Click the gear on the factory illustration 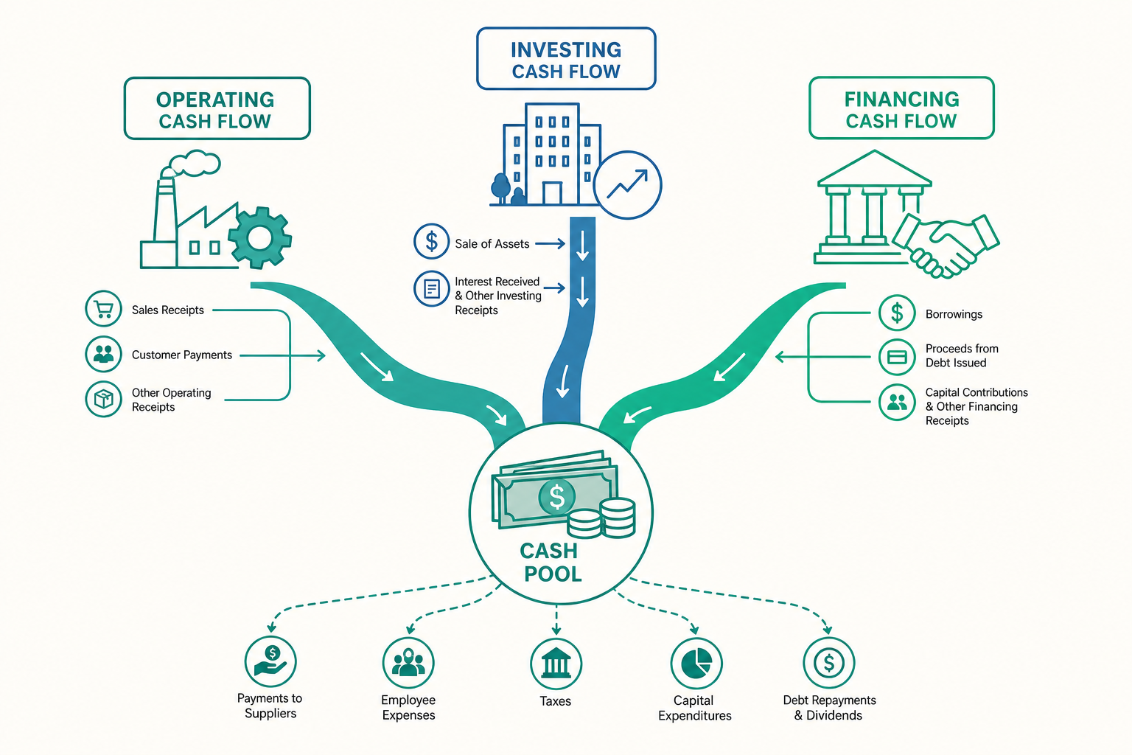[x=259, y=237]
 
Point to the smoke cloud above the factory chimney [x=194, y=163]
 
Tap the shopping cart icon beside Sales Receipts [x=104, y=308]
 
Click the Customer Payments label [x=182, y=355]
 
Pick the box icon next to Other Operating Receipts [x=104, y=399]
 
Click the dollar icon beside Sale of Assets [x=432, y=241]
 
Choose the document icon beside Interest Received [x=432, y=289]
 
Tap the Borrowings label [x=954, y=314]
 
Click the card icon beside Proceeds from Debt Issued [x=897, y=357]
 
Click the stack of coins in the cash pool [x=601, y=518]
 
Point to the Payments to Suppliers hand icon [x=270, y=661]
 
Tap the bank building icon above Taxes [x=556, y=663]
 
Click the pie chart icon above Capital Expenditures [x=696, y=663]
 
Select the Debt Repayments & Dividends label [x=829, y=708]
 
